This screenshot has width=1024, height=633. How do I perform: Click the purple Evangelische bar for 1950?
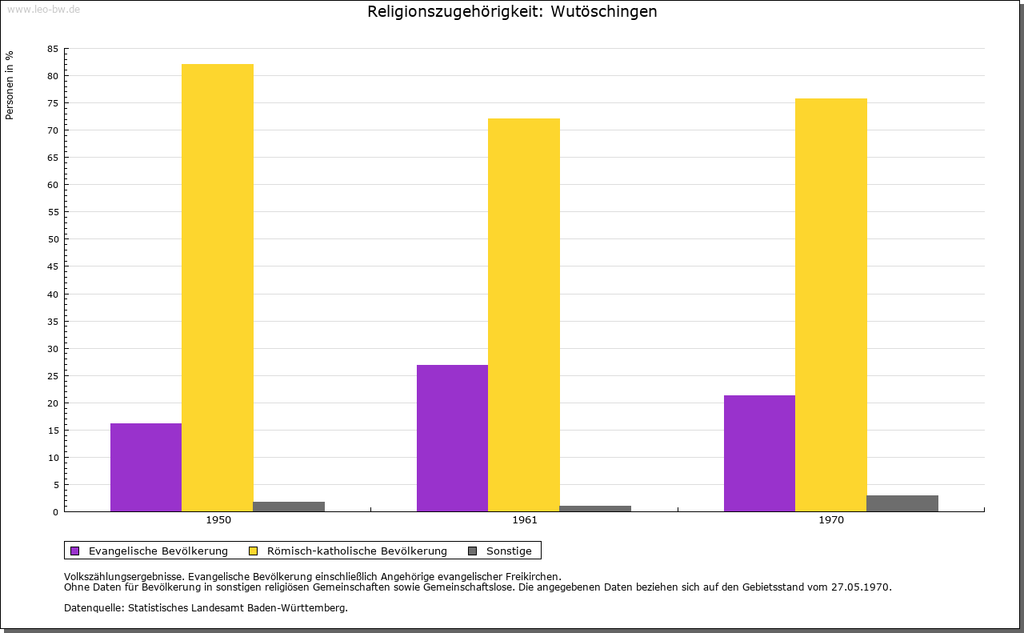pos(146,467)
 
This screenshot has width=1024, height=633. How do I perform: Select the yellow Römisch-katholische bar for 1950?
pos(218,287)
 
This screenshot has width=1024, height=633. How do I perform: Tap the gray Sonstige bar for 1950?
pos(289,506)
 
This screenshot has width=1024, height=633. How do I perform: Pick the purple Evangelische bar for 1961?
pos(452,438)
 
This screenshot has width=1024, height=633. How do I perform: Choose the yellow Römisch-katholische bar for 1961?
pos(524,314)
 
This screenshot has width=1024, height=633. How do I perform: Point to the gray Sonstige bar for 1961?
pos(595,508)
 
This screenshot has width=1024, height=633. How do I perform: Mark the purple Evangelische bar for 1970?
pos(759,453)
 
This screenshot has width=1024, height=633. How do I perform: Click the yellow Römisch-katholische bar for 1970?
pos(831,305)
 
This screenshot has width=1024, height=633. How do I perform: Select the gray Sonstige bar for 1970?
pos(902,503)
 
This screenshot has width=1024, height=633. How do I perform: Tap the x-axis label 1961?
pos(525,520)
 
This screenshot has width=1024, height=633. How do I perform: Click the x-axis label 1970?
pos(831,520)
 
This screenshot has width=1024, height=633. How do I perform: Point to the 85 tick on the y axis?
pos(53,49)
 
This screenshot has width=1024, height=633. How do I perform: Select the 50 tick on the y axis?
pos(53,239)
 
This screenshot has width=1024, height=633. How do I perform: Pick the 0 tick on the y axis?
pos(55,512)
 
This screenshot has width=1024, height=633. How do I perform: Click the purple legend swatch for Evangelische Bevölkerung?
pos(75,551)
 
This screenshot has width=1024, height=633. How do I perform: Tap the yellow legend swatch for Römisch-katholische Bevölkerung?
pos(253,551)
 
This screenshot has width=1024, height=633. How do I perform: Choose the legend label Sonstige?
pos(509,551)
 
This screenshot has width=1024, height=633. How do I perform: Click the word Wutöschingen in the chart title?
pos(604,11)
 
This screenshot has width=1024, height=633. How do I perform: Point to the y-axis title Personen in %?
pos(10,85)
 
